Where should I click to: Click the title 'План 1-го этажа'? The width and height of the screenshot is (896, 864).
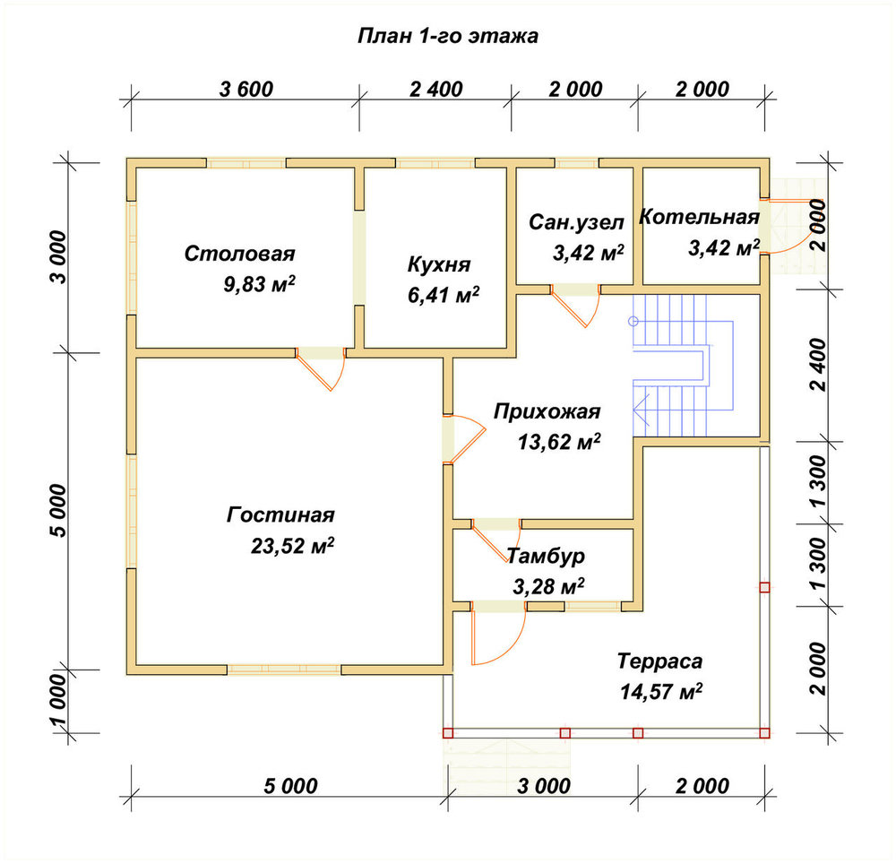[x=448, y=36]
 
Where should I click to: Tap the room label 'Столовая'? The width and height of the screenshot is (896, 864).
[x=239, y=254]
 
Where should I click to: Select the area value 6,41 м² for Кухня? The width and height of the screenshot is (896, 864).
[x=443, y=295]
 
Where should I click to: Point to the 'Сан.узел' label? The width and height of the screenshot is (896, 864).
[x=576, y=222]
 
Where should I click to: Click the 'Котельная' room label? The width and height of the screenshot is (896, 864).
[x=699, y=217]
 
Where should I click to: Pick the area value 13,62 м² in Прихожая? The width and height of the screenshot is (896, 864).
[x=559, y=441]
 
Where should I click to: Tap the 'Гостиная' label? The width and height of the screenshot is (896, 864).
[x=280, y=514]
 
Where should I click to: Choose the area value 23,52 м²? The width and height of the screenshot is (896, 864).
[x=292, y=546]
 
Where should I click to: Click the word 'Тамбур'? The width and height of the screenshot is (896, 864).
[x=546, y=556]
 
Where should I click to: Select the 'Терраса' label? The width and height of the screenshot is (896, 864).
[x=659, y=661]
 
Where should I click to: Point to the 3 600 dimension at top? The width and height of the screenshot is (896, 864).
[x=246, y=89]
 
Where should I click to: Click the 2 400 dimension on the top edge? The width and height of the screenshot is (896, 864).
[x=436, y=89]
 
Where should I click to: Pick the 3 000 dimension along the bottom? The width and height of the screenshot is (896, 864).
[x=544, y=786]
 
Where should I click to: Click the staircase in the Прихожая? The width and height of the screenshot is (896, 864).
[x=683, y=366]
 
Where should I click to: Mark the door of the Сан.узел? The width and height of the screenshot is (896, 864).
[x=576, y=307]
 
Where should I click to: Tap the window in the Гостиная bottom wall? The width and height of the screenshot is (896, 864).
[x=285, y=670]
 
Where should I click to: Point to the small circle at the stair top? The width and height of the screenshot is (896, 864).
[x=633, y=321]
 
